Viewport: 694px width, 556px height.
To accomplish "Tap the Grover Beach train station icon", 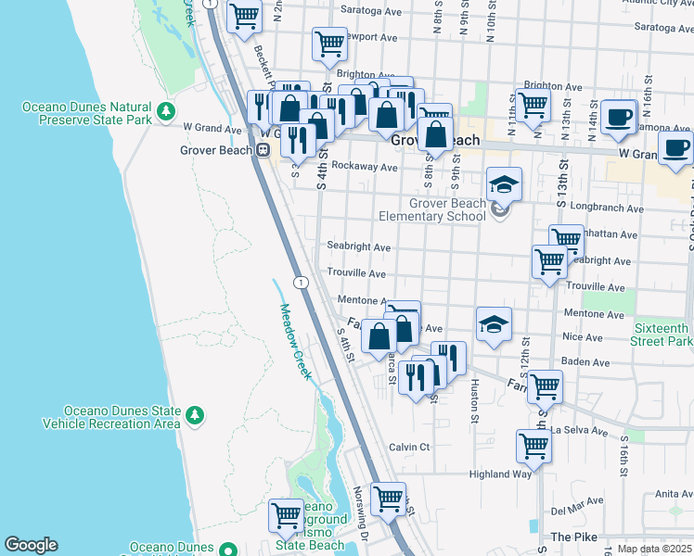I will click(x=263, y=149).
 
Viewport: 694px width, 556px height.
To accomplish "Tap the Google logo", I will click(x=31, y=545).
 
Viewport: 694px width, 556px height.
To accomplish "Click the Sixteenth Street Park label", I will click(x=662, y=335).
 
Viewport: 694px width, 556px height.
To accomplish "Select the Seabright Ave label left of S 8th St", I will click(x=359, y=247).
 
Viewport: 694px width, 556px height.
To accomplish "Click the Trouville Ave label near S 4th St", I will click(x=356, y=274).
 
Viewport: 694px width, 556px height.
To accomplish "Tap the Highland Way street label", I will click(x=500, y=474).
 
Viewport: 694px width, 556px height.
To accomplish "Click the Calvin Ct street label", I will click(x=409, y=447).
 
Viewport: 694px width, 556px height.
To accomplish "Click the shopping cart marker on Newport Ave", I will click(x=329, y=43).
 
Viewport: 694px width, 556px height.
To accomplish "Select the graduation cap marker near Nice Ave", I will click(x=495, y=323).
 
